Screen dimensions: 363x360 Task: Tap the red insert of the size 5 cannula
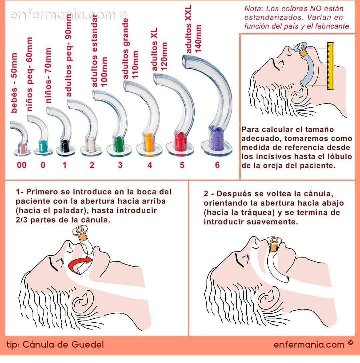(x=181, y=140)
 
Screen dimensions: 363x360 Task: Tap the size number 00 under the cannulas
(x=22, y=165)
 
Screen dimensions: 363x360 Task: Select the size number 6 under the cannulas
(x=217, y=165)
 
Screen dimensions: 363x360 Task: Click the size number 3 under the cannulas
(x=120, y=165)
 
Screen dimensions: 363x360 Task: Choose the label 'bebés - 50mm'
(x=14, y=83)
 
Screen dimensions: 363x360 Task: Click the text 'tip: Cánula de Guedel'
(x=55, y=344)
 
